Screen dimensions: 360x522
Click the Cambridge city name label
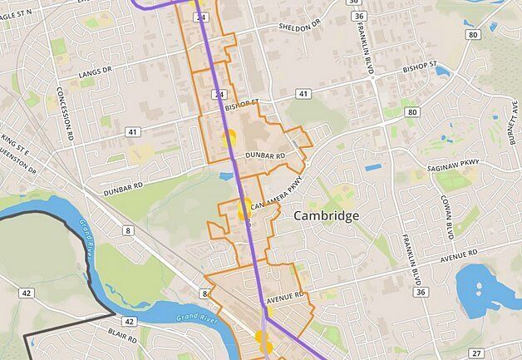327,215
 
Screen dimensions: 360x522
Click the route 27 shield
475,353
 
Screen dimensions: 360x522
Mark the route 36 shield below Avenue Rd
420,292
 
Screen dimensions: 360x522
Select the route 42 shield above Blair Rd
128,321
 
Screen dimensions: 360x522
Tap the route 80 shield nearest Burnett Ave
473,35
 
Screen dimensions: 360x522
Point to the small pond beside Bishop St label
441,70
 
